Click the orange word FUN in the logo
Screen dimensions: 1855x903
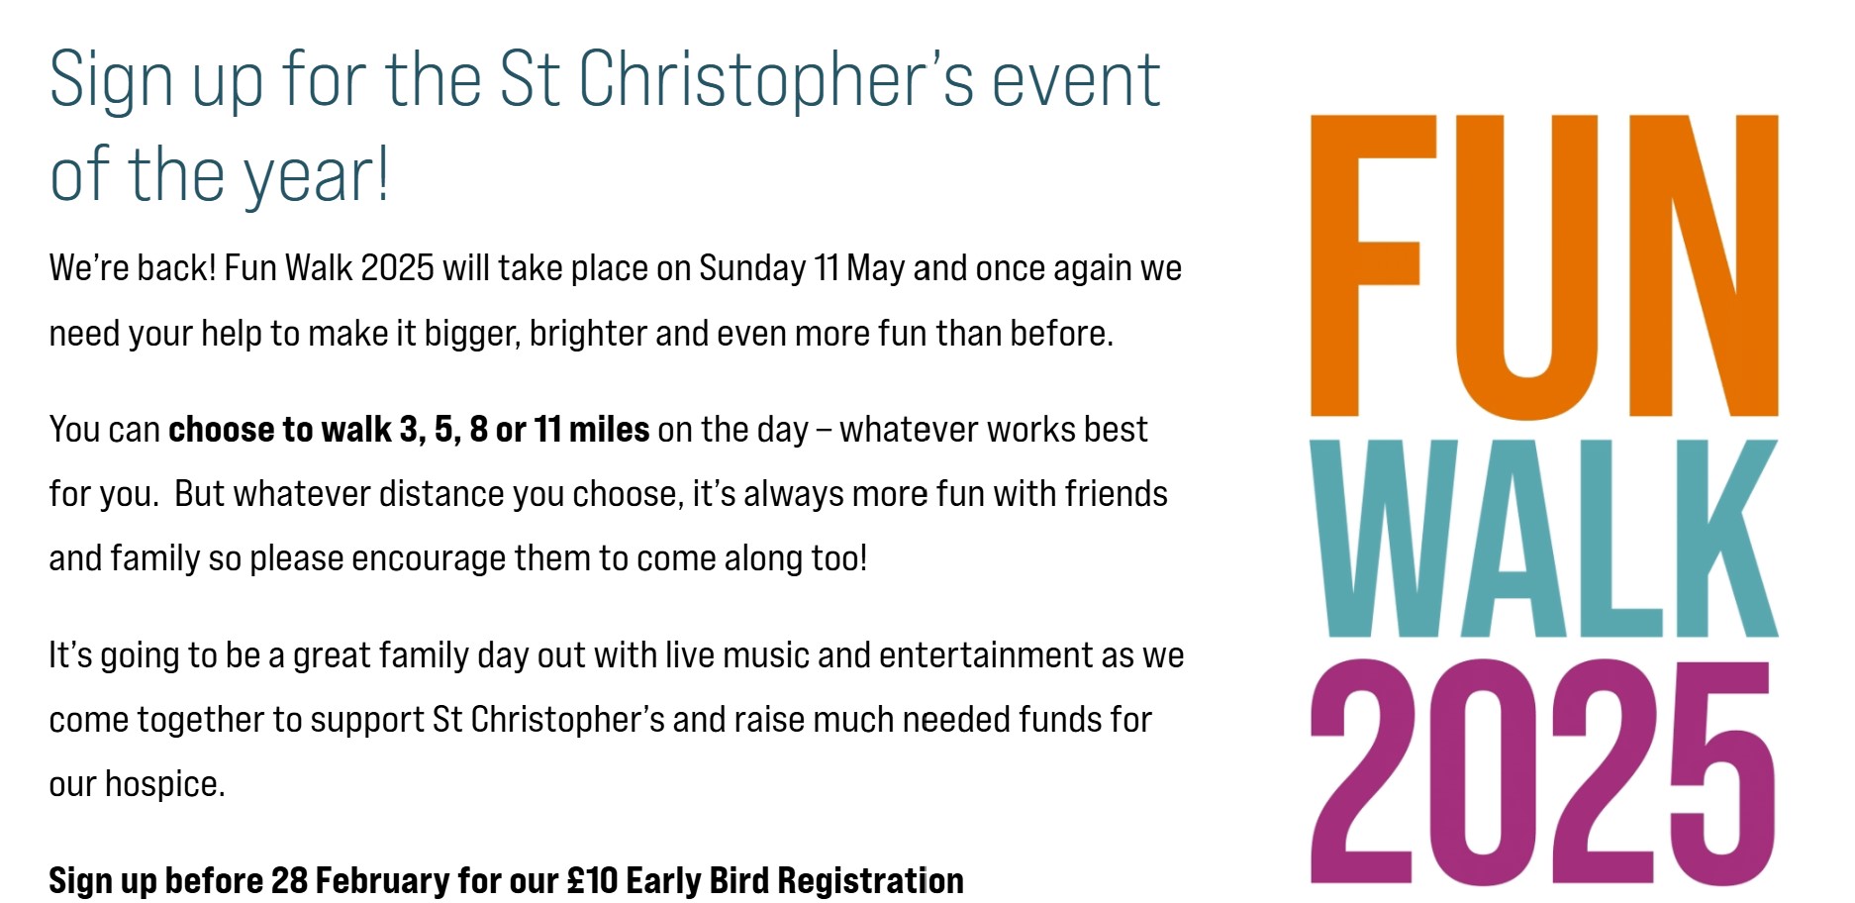pos(1544,265)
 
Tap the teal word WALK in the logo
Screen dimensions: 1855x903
pos(1544,538)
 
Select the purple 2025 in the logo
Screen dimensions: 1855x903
pos(1541,771)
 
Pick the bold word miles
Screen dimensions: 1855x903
pos(609,430)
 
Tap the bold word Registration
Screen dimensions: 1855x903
pos(872,881)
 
